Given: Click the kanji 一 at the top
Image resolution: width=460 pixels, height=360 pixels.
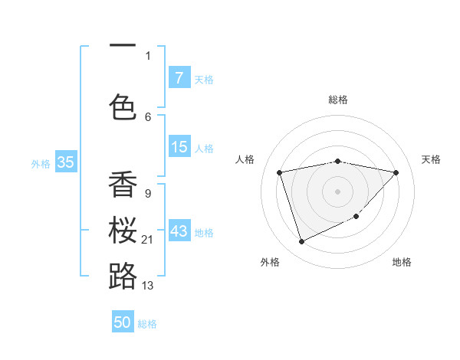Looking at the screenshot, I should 123,44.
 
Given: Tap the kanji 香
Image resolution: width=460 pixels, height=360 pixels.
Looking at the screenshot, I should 123,185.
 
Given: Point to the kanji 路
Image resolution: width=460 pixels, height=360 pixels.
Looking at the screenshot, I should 123,275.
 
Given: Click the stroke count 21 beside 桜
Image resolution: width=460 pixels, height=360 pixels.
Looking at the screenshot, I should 147,240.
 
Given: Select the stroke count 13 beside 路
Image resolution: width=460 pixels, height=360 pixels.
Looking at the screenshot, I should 147,285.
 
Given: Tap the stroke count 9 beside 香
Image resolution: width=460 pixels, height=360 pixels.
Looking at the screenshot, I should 147,193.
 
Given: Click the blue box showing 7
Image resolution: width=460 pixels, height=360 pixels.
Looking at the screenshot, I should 179,77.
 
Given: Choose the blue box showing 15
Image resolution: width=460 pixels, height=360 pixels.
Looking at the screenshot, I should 179,147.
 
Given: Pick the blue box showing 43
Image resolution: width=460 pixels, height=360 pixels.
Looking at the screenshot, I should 179,231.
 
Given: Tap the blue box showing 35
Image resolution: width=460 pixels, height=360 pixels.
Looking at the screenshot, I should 65,162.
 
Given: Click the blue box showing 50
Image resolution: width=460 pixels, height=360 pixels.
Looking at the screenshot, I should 123,322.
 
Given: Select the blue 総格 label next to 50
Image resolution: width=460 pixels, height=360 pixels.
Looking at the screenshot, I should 147,324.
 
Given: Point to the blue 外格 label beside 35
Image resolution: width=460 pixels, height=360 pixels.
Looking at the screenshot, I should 41,163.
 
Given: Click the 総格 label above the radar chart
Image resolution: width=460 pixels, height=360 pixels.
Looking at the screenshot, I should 338,100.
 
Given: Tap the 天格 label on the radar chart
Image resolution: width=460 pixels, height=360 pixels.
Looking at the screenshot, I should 431,159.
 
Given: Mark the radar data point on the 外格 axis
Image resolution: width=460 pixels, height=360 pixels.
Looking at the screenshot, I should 301,242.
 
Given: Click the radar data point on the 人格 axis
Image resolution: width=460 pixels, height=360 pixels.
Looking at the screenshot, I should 280,172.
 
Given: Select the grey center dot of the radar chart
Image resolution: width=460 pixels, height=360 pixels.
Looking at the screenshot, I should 337,191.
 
